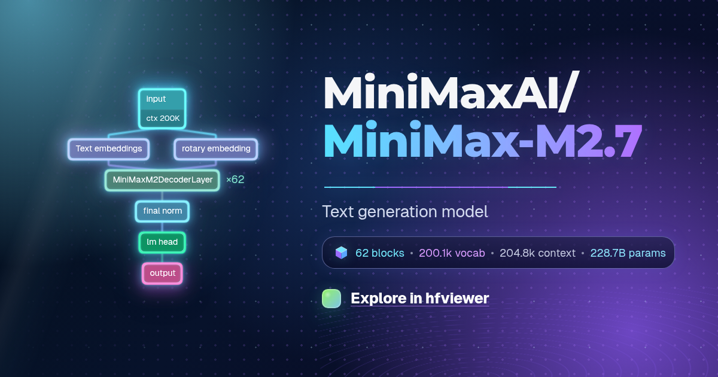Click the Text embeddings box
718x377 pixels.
click(109, 149)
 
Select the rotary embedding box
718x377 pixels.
click(216, 149)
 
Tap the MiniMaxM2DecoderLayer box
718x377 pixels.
click(162, 180)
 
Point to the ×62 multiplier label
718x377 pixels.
click(235, 180)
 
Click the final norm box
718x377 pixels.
click(162, 211)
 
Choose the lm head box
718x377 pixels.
click(162, 242)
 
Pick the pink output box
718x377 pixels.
click(162, 273)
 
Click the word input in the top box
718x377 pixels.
click(156, 99)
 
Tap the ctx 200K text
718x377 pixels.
click(163, 118)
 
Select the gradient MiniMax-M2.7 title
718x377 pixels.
click(483, 140)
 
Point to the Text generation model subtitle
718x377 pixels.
click(405, 212)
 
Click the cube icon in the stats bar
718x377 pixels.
click(342, 253)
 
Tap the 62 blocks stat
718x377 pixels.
click(380, 253)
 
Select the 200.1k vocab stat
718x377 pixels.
click(452, 253)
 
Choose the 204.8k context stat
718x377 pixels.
click(537, 253)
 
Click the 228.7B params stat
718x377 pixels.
click(628, 253)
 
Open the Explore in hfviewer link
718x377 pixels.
click(420, 299)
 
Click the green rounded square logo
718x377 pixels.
click(331, 299)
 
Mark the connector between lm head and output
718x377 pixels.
click(162, 258)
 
